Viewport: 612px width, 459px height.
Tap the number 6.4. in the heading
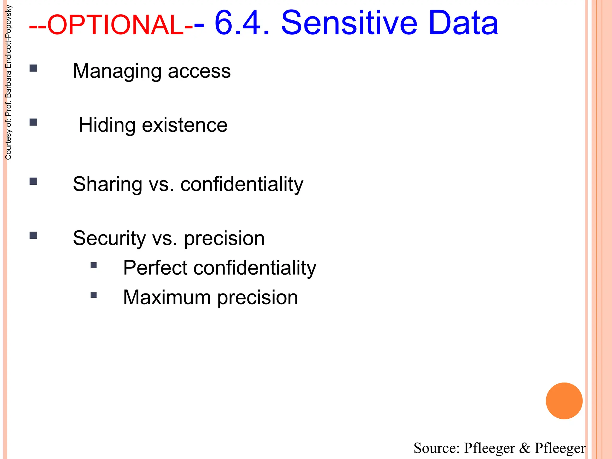242,23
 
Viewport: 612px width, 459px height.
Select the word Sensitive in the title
349,23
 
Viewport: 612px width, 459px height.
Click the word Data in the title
463,23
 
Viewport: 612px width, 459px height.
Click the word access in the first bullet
199,72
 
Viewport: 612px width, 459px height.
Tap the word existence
184,125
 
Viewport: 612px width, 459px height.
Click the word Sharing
108,184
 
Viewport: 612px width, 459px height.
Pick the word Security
109,238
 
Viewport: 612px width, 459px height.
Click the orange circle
564,401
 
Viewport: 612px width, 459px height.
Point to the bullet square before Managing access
33,68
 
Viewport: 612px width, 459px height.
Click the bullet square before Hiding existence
33,122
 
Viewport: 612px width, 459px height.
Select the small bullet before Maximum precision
94,295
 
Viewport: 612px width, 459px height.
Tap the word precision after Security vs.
224,239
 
